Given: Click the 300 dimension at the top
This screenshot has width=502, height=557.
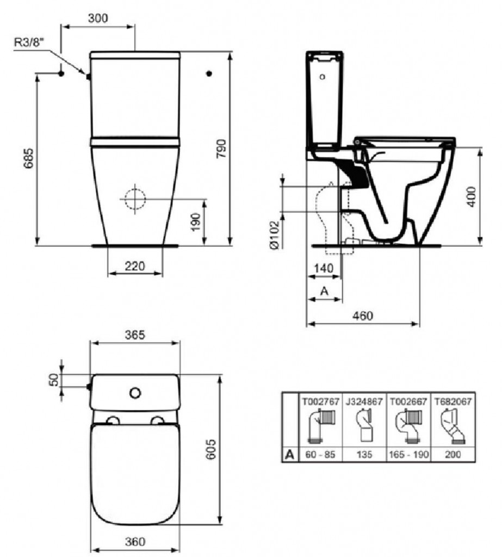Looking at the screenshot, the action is pos(98,18).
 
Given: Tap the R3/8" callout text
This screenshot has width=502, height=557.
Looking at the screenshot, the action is pos(29,42).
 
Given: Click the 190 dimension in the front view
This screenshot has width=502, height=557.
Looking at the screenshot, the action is pos(196,222).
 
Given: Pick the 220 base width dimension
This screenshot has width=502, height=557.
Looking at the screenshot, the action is pos(135,265).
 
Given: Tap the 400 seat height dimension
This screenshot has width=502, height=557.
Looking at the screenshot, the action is pos(471,196).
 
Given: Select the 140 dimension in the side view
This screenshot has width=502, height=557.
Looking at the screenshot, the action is pos(324,268).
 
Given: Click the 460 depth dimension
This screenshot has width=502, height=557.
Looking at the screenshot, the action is pos(363,315).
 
